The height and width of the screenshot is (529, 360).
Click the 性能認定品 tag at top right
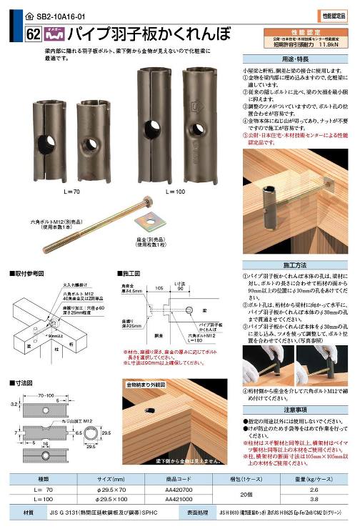click(x=336, y=14)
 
